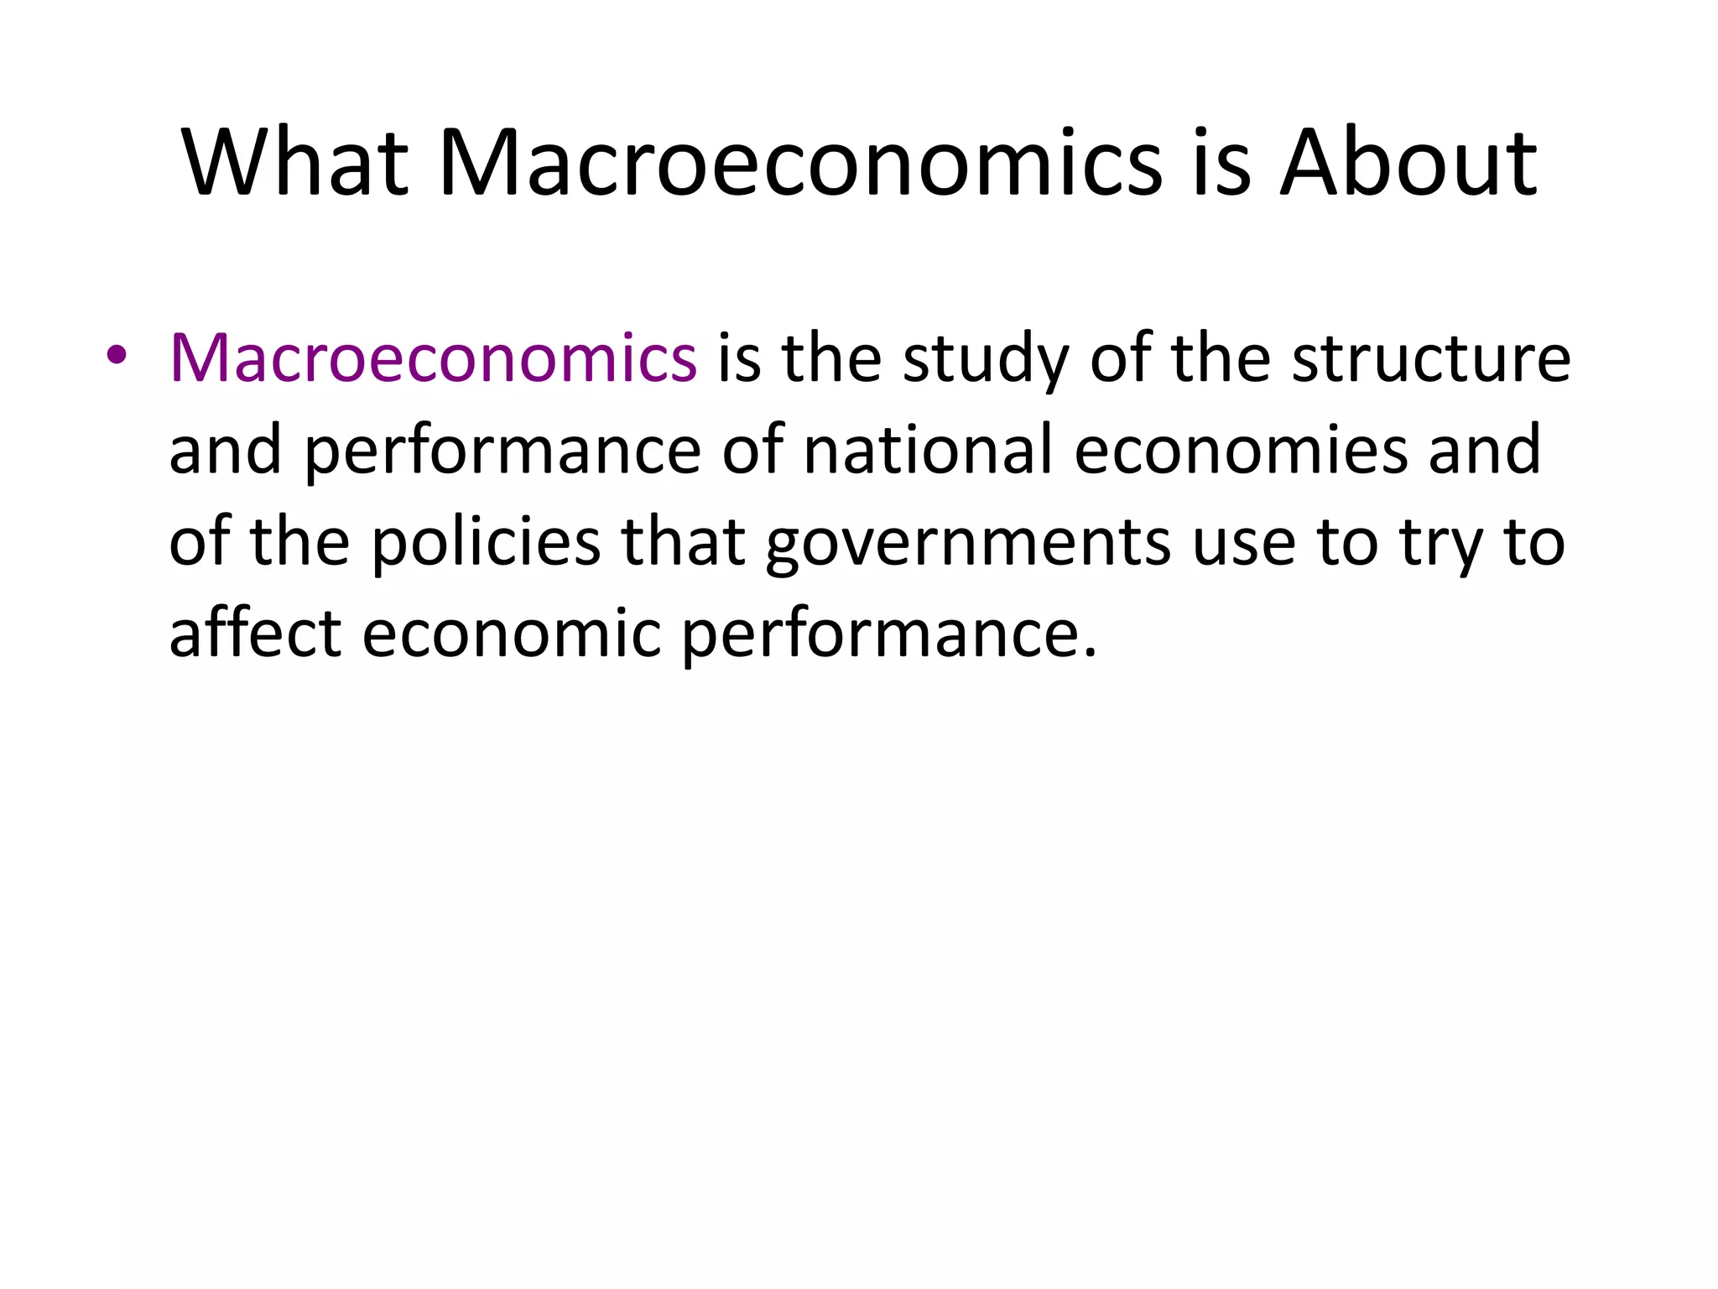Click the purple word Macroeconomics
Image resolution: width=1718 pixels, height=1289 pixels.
[433, 358]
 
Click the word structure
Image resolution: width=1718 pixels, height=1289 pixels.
[1431, 358]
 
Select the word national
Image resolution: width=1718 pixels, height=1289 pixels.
[927, 450]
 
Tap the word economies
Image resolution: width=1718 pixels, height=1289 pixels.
[1241, 450]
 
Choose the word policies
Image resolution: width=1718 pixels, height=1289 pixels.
[486, 543]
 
